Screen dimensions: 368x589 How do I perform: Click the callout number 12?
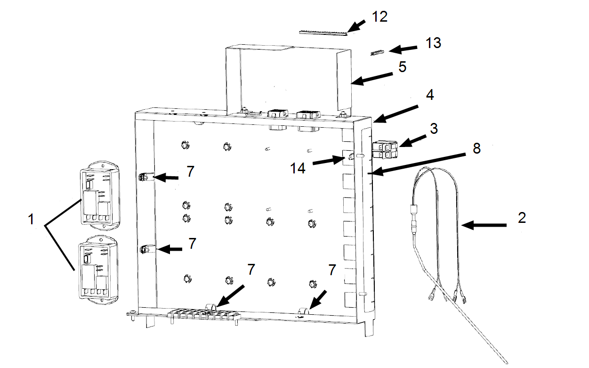tap(379, 17)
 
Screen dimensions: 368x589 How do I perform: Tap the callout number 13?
tap(433, 43)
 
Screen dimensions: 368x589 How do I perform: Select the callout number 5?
tap(402, 67)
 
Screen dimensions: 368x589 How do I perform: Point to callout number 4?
tap(429, 95)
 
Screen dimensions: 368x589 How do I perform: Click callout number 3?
tap(434, 128)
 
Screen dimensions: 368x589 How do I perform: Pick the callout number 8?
tap(476, 149)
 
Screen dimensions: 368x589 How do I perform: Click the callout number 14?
tap(298, 168)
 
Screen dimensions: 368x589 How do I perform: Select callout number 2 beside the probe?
tap(522, 218)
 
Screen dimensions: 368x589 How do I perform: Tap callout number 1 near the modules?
tap(31, 219)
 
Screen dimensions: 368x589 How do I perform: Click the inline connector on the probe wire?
tap(414, 221)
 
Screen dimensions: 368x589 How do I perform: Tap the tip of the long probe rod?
tap(507, 362)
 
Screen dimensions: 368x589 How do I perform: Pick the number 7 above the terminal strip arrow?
tap(251, 270)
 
